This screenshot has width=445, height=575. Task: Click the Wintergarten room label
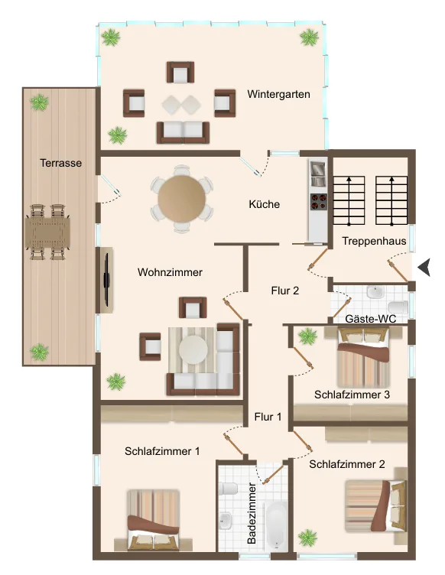[278, 94]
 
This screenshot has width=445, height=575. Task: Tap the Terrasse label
[61, 163]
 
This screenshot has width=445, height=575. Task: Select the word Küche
[265, 204]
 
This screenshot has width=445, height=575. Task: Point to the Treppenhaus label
[374, 241]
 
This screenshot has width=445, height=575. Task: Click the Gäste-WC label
[371, 319]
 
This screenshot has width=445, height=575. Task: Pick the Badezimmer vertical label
[252, 513]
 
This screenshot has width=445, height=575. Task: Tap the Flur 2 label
[285, 291]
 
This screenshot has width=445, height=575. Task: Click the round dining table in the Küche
[182, 198]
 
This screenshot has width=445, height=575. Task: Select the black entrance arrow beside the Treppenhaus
[424, 267]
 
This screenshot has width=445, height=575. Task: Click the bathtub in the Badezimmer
[277, 525]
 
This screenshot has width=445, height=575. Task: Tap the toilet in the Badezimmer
[228, 489]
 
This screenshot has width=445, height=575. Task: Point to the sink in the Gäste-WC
[375, 293]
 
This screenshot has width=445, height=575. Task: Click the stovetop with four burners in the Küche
[319, 201]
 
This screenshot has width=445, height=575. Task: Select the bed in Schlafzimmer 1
[153, 520]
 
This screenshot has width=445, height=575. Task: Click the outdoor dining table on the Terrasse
[47, 232]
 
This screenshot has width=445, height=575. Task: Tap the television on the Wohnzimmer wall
[107, 280]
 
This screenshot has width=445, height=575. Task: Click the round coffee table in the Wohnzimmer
[193, 349]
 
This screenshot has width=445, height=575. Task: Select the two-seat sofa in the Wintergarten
[183, 132]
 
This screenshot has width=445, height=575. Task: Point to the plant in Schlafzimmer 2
[307, 538]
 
